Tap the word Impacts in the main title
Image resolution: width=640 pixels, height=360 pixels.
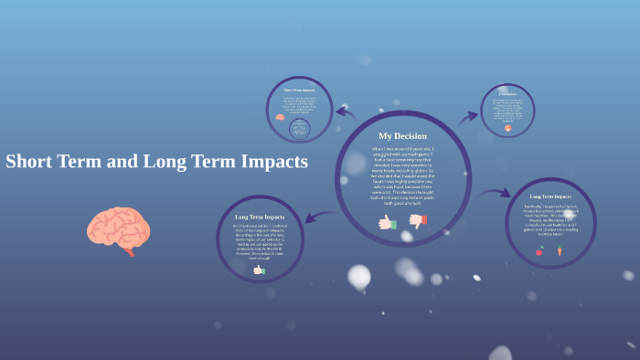[x=271, y=162]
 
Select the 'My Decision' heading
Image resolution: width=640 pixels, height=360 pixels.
[x=402, y=136]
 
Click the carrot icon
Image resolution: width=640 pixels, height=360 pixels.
[x=560, y=250]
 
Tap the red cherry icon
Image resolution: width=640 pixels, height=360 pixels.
[x=539, y=250]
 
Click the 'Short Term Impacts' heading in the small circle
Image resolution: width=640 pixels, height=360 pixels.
[x=299, y=90]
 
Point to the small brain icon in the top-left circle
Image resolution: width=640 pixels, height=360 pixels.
[x=281, y=117]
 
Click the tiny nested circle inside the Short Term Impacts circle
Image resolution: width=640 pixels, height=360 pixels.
[x=299, y=130]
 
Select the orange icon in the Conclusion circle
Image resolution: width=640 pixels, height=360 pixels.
[x=507, y=128]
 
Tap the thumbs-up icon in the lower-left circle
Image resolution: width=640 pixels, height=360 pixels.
[x=260, y=270]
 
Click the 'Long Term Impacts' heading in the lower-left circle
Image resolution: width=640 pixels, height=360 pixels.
[x=261, y=217]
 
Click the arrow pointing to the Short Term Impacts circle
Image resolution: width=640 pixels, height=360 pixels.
[x=345, y=112]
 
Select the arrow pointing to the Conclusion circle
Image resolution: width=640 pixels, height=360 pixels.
[x=469, y=117]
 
